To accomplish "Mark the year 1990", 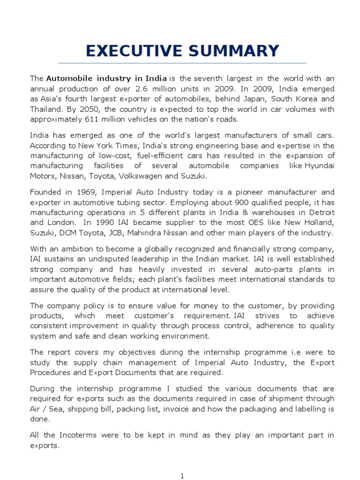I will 91,223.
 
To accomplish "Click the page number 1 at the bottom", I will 182,476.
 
